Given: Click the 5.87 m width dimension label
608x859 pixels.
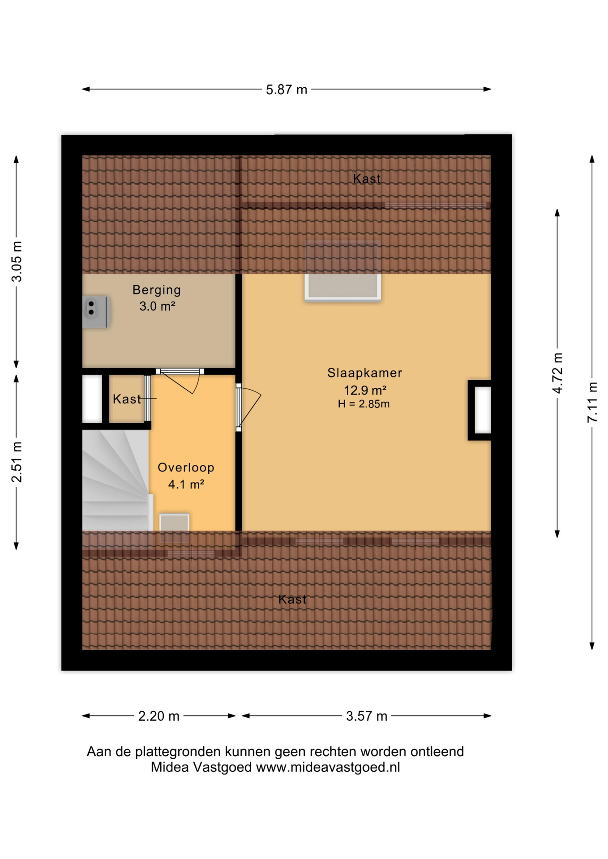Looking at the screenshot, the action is pos(287,89).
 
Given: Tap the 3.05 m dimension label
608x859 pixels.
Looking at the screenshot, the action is pos(17,262).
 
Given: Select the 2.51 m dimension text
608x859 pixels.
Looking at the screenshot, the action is pos(17,462).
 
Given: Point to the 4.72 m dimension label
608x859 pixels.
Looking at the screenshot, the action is pos(557,373).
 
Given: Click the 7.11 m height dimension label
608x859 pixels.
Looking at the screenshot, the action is pos(592,402).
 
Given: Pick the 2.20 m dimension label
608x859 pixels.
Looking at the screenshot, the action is pos(159,716).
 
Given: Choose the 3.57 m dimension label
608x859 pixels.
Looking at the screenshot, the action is pos(367,716).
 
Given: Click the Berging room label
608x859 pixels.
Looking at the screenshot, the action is pos(157,290).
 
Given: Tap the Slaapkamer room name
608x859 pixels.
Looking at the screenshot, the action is pos(365,373).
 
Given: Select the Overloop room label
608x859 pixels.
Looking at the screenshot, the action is pos(186,468).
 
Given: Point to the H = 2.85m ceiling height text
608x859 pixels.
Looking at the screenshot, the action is pos(364,404).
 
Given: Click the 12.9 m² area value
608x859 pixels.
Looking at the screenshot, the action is pos(365,390).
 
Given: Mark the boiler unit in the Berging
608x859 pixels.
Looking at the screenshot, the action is pos(96,311).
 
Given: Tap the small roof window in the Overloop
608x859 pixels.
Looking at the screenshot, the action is pos(174,528).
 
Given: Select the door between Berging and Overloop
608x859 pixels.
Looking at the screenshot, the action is pos(180,380).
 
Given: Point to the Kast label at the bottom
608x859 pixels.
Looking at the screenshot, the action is pos(293,600).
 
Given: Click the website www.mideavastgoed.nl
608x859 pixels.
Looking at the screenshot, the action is pos(328,767).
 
